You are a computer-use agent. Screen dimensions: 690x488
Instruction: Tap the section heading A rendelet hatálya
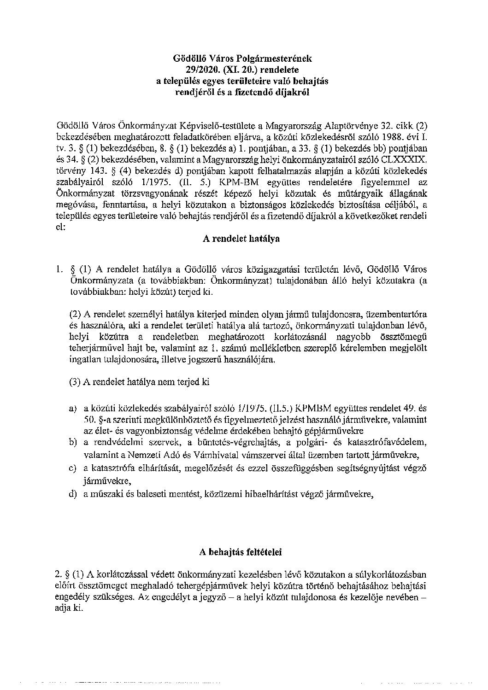coord(241,239)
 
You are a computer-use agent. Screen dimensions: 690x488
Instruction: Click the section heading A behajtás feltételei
coord(240,551)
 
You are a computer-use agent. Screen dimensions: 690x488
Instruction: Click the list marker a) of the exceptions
coord(72,408)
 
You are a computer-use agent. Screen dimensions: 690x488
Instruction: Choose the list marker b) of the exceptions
coord(72,443)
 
